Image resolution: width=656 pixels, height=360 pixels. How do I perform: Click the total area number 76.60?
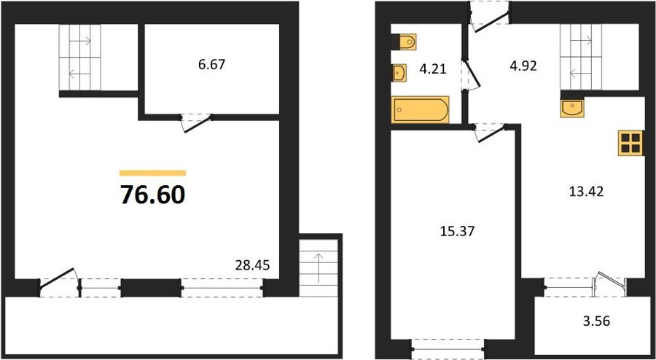[x=153, y=195]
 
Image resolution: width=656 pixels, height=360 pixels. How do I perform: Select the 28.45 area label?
[x=252, y=265]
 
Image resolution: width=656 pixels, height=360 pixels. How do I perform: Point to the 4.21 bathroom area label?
[x=434, y=69]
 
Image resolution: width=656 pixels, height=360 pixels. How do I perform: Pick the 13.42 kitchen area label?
[x=586, y=192]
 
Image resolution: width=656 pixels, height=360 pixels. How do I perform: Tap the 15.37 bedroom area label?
[x=458, y=231]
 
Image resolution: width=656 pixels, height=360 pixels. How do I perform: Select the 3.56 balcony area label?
[x=596, y=321]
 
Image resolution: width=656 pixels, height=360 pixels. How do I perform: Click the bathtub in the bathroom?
[x=420, y=110]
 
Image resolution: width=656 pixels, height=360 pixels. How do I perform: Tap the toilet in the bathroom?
[x=404, y=42]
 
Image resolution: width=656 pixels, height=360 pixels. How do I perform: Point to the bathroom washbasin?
[x=399, y=72]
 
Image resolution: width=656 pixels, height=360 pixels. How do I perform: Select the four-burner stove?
[x=631, y=143]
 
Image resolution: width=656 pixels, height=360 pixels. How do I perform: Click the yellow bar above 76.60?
[x=153, y=173]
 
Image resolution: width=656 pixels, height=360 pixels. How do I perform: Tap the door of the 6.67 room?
[x=197, y=123]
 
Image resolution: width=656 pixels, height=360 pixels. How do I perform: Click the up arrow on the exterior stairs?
[x=319, y=267]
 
